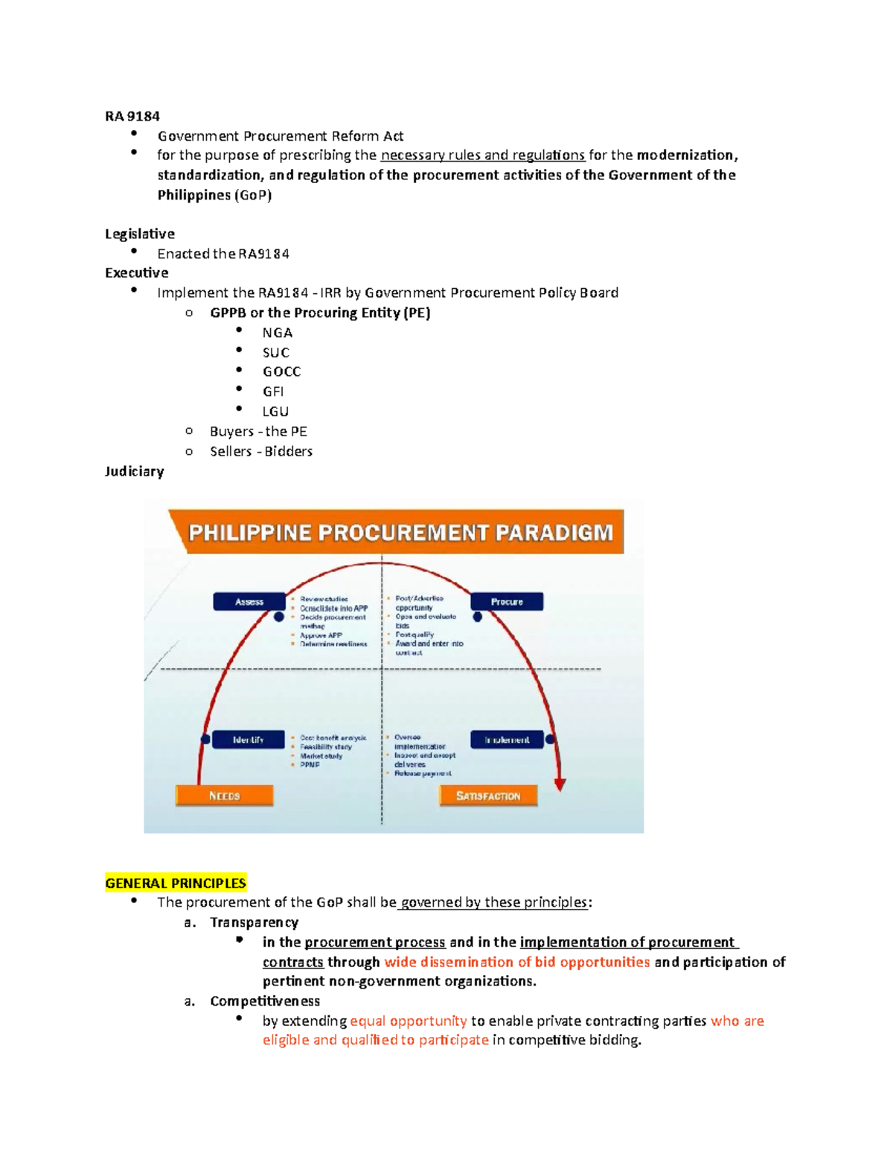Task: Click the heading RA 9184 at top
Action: click(x=132, y=116)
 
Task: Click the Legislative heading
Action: click(x=139, y=234)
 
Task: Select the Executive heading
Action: click(x=136, y=272)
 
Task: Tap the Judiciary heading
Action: click(x=134, y=471)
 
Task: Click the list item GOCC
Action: click(x=281, y=371)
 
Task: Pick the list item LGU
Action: click(x=275, y=411)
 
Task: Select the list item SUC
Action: click(x=275, y=352)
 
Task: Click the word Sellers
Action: click(x=231, y=451)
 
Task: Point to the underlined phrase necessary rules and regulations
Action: click(x=482, y=156)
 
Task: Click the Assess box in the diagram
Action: click(x=249, y=601)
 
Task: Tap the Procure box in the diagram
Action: click(x=506, y=601)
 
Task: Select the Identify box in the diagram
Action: click(x=248, y=740)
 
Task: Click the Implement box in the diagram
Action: click(x=507, y=740)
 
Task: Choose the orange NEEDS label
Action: click(x=224, y=796)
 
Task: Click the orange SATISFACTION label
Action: click(x=488, y=796)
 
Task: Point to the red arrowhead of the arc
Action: click(x=560, y=785)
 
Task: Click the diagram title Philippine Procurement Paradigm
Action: click(x=400, y=532)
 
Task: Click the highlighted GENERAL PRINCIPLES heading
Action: click(x=176, y=883)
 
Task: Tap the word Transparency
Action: click(x=254, y=922)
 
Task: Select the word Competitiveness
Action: click(x=265, y=1001)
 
